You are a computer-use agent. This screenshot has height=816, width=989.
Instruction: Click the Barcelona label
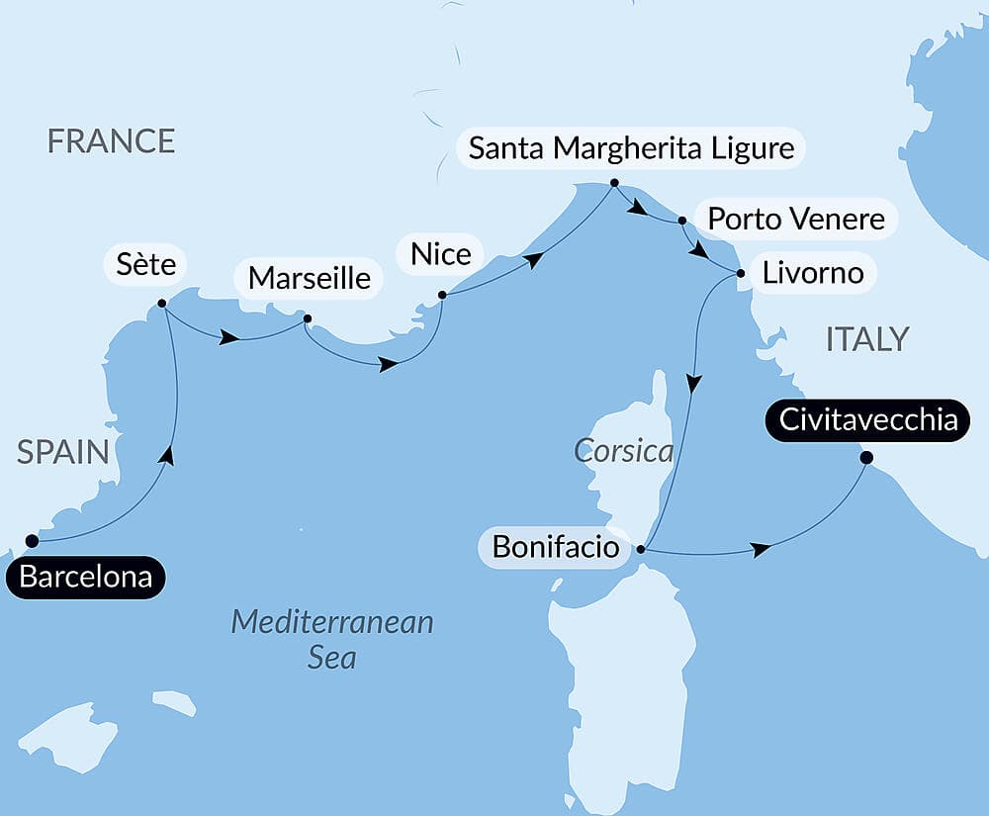86,578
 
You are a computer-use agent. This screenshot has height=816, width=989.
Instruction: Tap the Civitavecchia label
868,420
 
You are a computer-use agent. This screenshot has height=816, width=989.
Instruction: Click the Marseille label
310,279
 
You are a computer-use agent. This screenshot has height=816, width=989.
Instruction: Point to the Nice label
441,254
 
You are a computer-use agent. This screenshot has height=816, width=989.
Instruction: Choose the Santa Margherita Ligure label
631,148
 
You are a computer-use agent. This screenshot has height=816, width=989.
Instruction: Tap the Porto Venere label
796,218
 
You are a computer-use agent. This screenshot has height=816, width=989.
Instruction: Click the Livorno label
813,272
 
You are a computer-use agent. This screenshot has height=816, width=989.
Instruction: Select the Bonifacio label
555,548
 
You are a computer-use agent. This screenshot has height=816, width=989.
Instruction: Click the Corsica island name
623,452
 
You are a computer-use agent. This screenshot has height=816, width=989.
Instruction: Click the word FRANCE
112,141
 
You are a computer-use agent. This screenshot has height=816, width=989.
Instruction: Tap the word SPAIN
62,453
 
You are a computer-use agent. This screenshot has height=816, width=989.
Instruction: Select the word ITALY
866,339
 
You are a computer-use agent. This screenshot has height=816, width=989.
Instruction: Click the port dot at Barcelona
32,541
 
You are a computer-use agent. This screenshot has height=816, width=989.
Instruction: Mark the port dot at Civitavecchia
866,457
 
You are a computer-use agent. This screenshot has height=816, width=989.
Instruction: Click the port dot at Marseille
307,318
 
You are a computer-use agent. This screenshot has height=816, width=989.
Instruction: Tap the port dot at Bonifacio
641,548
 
